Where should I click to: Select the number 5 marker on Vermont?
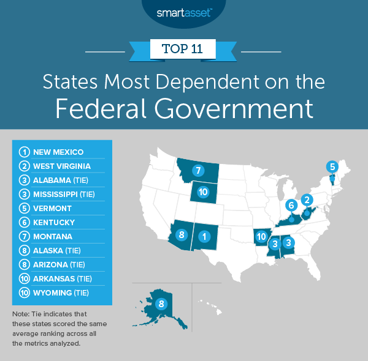[332, 166]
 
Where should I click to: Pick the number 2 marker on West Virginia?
[308, 199]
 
